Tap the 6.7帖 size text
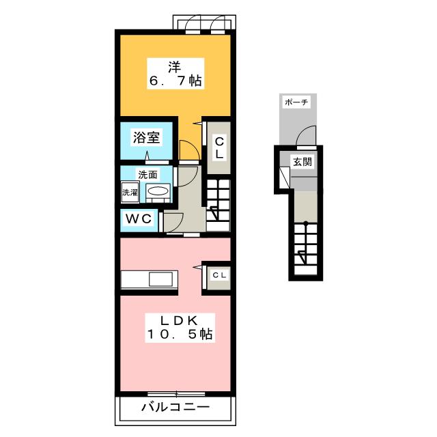click(175, 81)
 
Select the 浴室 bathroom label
click(147, 137)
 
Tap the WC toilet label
click(140, 220)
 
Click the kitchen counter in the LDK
click(150, 280)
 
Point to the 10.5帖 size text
click(179, 335)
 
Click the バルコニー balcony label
click(175, 408)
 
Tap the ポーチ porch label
click(295, 102)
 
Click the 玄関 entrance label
click(302, 162)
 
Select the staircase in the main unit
click(219, 201)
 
